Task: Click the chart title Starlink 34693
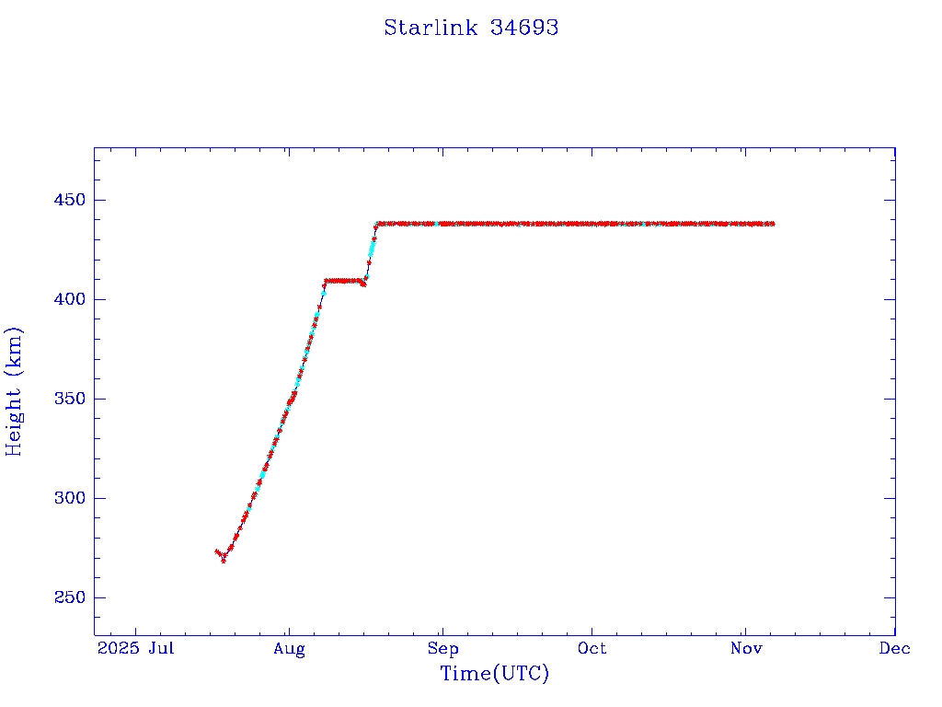[x=471, y=28]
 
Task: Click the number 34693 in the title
[x=524, y=28]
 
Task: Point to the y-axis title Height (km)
[x=14, y=391]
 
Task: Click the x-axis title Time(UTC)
[x=494, y=674]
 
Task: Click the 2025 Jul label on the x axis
[x=136, y=648]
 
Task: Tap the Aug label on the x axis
[x=289, y=648]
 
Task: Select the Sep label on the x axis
[x=442, y=648]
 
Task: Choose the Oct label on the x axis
[x=592, y=648]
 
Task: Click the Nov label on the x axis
[x=745, y=648]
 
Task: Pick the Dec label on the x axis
[x=894, y=648]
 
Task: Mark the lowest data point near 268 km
[x=224, y=560]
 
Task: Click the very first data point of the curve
[x=216, y=551]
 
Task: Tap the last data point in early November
[x=773, y=224]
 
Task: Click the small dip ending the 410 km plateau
[x=363, y=284]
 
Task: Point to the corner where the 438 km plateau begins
[x=376, y=224]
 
